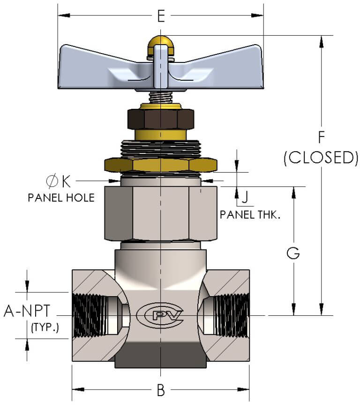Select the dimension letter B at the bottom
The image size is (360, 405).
point(160,390)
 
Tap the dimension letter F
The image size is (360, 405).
point(321,137)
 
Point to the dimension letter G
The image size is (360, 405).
point(293,253)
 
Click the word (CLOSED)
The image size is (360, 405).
point(321,158)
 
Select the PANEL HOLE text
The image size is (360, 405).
point(61,198)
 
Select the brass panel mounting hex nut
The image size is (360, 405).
point(160,164)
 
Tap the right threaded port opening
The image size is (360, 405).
point(225,313)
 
